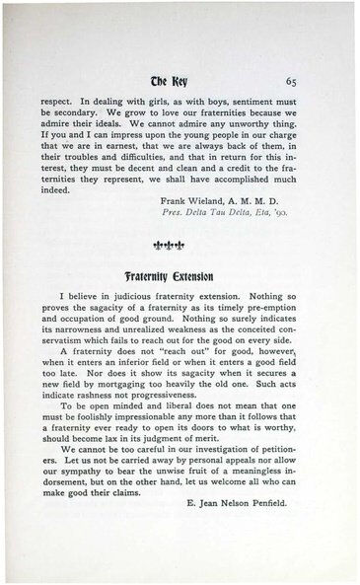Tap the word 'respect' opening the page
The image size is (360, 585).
tap(59, 101)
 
